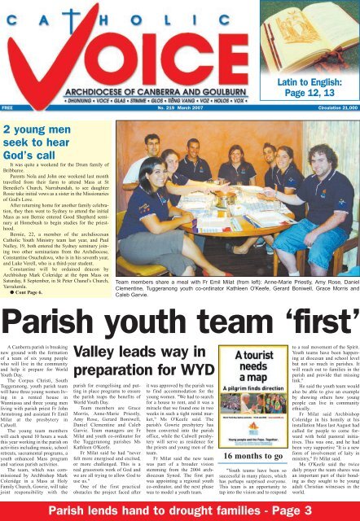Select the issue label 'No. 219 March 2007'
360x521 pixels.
pos(180,106)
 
